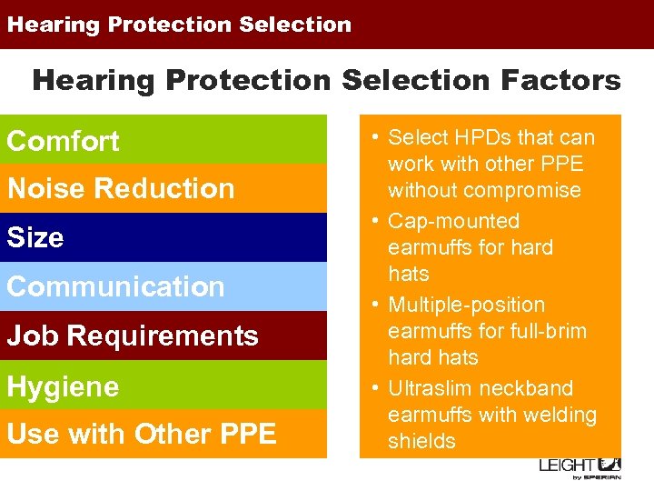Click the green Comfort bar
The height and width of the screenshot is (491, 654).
pos(163,140)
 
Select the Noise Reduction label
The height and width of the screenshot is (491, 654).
pos(121,189)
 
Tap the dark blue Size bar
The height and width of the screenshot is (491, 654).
pos(163,237)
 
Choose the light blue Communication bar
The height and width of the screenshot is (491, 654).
pos(163,286)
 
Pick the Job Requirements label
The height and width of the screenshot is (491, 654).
pos(133,336)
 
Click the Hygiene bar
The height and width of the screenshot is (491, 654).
pos(163,386)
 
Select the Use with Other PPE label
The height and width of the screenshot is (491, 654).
pos(142,435)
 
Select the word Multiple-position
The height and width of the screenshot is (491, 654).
pos(467,306)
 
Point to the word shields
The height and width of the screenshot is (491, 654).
pos(421,442)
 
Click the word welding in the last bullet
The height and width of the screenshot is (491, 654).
pos(561,416)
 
